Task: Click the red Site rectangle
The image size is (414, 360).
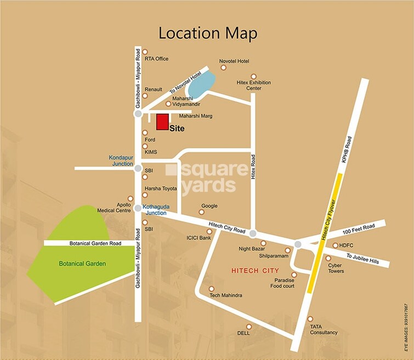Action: [162, 122]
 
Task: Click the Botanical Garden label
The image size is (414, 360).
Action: [82, 264]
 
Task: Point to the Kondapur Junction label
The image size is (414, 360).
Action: [121, 161]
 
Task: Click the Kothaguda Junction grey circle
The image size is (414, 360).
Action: [137, 207]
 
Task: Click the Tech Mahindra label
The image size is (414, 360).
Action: [226, 295]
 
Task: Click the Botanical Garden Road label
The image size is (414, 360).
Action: [90, 243]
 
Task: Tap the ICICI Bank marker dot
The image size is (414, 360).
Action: [209, 231]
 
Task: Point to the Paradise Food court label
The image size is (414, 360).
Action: [285, 283]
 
